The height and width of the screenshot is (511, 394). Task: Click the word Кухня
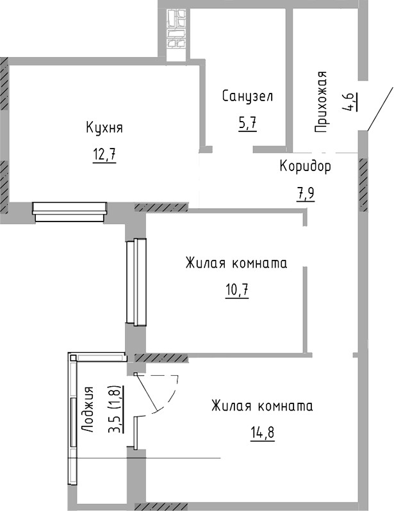(x=104, y=127)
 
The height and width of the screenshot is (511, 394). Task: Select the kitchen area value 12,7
(x=104, y=156)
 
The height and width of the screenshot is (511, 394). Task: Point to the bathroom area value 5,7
(x=248, y=123)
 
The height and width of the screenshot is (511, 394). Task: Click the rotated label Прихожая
(x=323, y=102)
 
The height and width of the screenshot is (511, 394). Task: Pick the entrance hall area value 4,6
(x=350, y=102)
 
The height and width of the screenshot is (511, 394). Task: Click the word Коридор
(x=305, y=167)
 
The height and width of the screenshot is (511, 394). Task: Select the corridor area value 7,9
(x=306, y=193)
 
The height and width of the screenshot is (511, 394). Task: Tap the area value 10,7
(x=236, y=291)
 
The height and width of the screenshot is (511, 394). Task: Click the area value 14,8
(x=262, y=434)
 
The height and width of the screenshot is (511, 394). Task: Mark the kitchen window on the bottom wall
(x=69, y=211)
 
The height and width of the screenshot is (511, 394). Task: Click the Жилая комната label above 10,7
(x=236, y=263)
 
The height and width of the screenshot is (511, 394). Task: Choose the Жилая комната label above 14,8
(x=262, y=407)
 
